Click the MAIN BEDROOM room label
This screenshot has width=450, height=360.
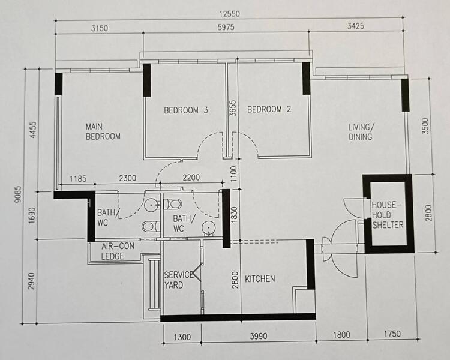(103, 131)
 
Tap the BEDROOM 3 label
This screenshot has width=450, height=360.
(186, 110)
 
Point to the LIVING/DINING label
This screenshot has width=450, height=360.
(361, 132)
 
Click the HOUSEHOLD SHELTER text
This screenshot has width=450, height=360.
(387, 215)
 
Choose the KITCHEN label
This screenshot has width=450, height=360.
(260, 279)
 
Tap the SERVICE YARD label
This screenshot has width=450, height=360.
(179, 280)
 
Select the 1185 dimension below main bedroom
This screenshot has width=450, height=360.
(78, 178)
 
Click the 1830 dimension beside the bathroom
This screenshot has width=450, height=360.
(233, 214)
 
